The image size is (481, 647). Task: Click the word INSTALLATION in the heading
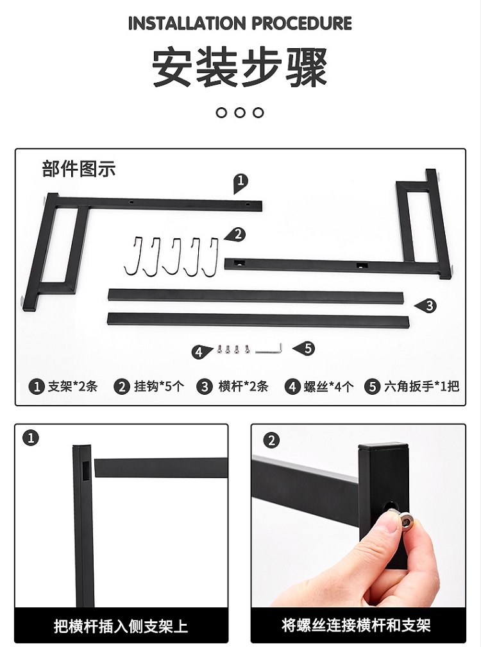tap(187, 24)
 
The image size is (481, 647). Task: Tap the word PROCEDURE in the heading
tap(301, 24)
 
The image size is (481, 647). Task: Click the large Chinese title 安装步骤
tap(240, 67)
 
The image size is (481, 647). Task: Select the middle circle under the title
tap(240, 113)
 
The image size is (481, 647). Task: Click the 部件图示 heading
tap(79, 169)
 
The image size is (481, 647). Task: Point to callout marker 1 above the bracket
tap(240, 183)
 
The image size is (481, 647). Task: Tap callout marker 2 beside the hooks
tap(235, 235)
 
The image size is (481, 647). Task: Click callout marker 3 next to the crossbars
tap(426, 306)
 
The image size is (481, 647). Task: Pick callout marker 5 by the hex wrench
tap(305, 349)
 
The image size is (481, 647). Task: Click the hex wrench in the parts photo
tap(269, 349)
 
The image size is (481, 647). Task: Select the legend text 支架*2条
tap(72, 386)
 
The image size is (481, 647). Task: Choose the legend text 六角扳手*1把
tap(421, 386)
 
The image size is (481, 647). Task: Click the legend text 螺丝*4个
tap(328, 386)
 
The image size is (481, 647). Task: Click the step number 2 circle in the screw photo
tap(271, 440)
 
